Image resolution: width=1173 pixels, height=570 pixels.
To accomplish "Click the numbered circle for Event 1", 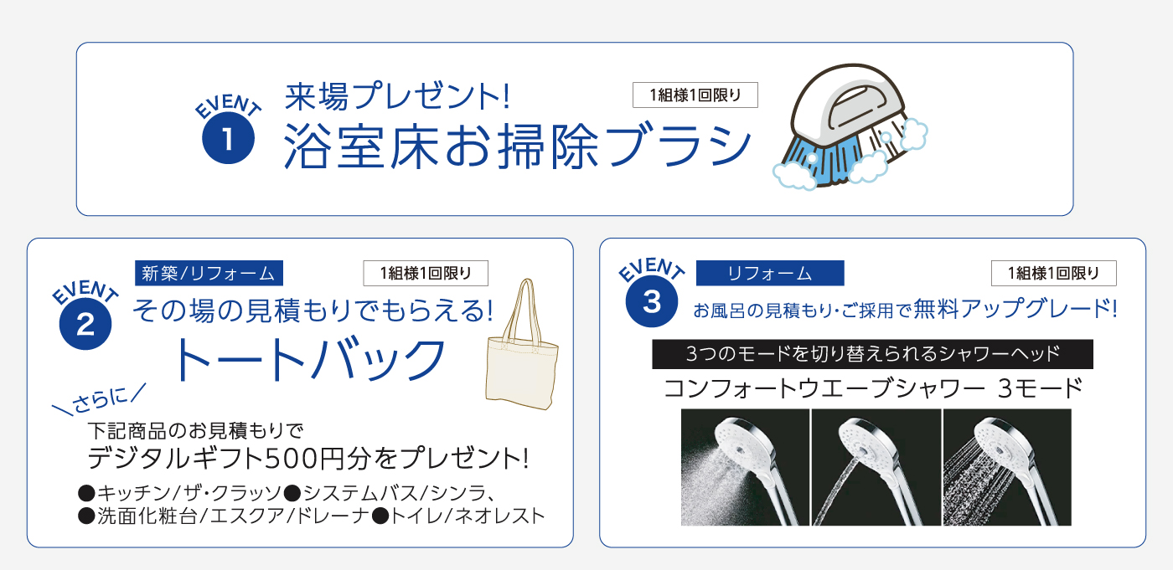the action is point(228,138).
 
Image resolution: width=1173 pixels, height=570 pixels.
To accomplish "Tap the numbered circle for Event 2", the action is point(85,324).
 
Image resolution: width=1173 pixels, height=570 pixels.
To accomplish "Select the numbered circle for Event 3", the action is point(652,301).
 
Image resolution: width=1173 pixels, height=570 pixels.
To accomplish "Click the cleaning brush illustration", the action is point(850,126).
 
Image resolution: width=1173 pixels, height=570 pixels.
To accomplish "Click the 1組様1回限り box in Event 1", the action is point(695,95).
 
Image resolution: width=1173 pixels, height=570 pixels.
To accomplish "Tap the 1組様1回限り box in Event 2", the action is point(426,273).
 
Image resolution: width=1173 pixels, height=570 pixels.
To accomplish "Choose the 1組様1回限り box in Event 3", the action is point(1054,273).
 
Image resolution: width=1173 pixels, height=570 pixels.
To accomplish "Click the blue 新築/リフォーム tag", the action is point(209,273).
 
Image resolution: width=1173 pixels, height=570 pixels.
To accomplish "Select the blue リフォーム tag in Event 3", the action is point(770,273).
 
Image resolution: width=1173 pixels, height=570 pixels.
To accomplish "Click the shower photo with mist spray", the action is point(745,467).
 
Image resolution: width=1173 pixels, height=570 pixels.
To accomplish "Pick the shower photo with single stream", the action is point(876,467).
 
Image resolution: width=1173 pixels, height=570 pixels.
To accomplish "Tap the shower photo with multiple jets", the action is point(1007,467).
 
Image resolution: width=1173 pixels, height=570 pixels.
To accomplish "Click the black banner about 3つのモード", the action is point(872,354).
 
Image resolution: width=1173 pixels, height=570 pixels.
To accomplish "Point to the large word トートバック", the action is point(310,359).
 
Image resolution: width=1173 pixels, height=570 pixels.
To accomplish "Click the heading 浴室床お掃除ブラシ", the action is point(518,146).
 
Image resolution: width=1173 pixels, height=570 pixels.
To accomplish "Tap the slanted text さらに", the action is point(100,399).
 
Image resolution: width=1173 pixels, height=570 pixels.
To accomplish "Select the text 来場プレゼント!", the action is point(397,96).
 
